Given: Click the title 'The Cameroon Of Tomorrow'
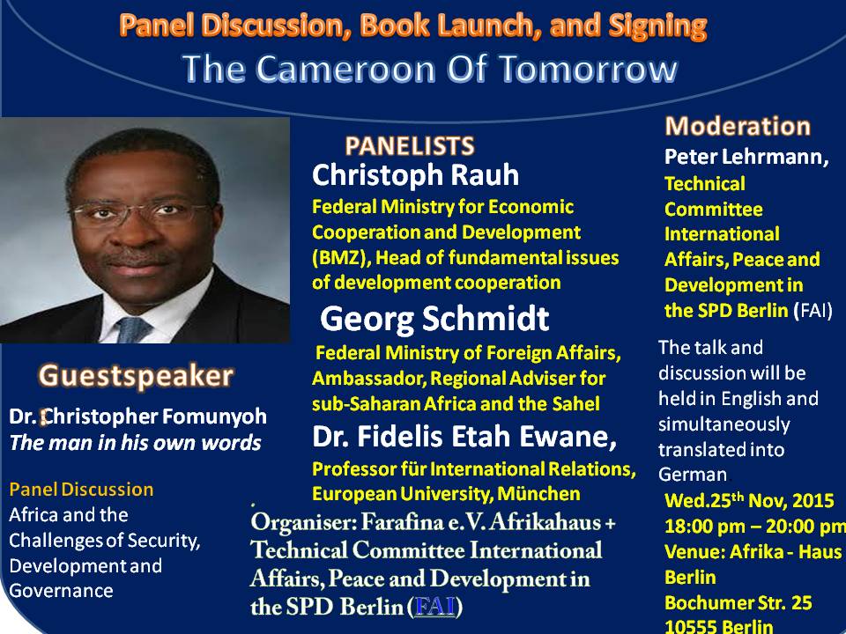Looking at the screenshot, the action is click(430, 69).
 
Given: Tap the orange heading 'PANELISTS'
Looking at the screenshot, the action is click(410, 146).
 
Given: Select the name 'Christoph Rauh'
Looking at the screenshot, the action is click(415, 175).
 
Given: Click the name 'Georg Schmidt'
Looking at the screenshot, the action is click(434, 319).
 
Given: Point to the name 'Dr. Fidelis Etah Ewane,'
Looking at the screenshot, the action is click(464, 437).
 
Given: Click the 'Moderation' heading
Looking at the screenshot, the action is click(738, 126).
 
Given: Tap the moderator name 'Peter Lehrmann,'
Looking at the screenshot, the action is click(746, 157).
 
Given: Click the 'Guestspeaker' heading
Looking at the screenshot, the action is click(136, 376).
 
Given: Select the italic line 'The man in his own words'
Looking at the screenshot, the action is click(136, 443).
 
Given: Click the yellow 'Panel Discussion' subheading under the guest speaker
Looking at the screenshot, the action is click(81, 489).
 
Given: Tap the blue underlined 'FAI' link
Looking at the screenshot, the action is click(434, 607).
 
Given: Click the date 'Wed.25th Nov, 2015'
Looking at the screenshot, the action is click(749, 500).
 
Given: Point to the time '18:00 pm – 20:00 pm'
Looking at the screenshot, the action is click(755, 526).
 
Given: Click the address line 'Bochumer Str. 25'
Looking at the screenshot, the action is click(738, 602).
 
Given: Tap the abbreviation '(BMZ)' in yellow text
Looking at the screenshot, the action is click(341, 258).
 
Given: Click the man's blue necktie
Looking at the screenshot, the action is click(131, 329).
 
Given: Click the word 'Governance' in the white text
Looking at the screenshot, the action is click(61, 590).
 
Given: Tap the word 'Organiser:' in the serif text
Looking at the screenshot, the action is click(303, 522).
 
